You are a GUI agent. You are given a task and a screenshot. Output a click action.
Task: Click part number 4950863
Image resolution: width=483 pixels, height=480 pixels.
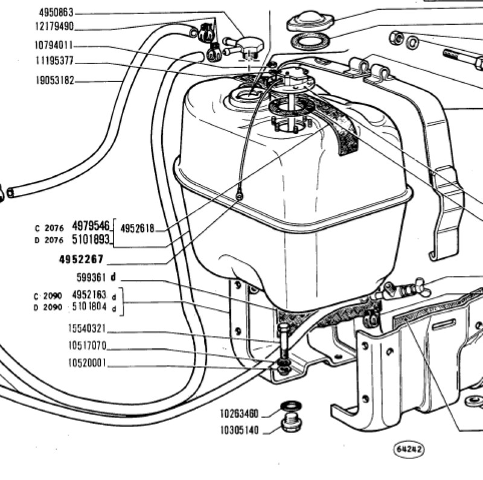point(56,13)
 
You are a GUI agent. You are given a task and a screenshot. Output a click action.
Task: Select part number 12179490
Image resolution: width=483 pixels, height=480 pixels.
point(54,26)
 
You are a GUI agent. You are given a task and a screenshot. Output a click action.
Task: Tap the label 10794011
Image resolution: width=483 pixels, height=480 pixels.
point(54,46)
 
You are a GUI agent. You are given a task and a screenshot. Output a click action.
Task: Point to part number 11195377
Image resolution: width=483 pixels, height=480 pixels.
point(55,61)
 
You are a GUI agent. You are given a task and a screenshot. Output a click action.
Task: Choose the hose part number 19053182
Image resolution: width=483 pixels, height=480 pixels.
point(55,80)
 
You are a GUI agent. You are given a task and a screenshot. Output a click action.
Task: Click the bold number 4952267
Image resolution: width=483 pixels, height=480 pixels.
point(82,260)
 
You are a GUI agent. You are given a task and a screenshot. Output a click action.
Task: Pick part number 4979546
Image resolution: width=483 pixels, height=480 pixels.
point(91,226)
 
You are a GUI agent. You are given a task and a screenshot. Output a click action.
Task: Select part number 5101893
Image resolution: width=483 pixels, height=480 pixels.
point(91,239)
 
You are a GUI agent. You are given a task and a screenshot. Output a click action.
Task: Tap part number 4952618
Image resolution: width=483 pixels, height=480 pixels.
point(137,229)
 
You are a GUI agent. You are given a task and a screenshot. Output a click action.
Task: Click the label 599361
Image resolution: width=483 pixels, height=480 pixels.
point(91,278)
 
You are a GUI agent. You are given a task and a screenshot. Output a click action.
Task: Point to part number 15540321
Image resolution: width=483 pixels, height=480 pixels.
point(87,328)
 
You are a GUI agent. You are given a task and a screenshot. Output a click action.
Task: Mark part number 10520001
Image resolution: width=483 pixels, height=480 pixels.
point(87,363)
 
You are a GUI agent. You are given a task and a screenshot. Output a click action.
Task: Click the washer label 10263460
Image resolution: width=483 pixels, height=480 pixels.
point(239,414)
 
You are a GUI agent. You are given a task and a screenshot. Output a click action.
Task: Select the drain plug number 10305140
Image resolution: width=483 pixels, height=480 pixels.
point(239,430)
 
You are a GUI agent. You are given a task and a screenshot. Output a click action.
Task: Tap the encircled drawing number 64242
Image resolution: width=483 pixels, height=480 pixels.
point(409,449)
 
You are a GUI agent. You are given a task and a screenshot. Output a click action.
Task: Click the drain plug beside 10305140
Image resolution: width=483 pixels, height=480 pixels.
point(292,423)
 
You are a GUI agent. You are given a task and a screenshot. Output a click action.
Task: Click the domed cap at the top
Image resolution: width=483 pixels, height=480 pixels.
point(310,21)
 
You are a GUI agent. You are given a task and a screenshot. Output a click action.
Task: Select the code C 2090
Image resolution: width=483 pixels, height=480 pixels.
point(48,296)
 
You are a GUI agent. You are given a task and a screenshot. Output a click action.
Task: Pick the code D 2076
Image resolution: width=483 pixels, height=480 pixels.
point(49,240)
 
